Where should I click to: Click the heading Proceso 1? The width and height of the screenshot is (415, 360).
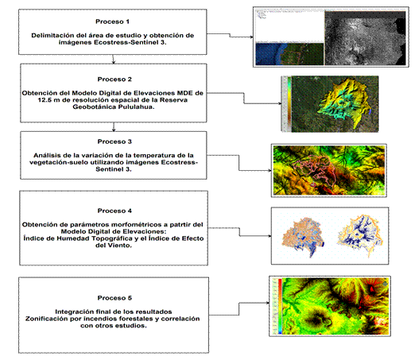pyautogui.click(x=112, y=21)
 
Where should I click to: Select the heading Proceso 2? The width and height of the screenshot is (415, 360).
pyautogui.click(x=114, y=79)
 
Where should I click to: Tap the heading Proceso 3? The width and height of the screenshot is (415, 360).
pyautogui.click(x=114, y=141)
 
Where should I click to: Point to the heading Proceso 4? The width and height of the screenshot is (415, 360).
pyautogui.click(x=114, y=211)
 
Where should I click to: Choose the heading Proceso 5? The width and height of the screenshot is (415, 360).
pyautogui.click(x=114, y=298)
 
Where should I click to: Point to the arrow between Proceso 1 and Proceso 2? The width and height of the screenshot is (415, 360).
pyautogui.click(x=114, y=59)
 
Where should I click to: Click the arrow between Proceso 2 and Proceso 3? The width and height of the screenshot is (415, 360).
pyautogui.click(x=114, y=126)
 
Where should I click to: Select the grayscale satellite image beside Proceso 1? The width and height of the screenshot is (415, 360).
pyautogui.click(x=365, y=38)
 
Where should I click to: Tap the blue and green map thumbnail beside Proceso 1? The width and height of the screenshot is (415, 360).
pyautogui.click(x=289, y=54)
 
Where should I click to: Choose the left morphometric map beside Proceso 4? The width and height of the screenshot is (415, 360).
pyautogui.click(x=303, y=236)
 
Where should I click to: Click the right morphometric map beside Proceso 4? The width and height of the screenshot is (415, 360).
pyautogui.click(x=360, y=235)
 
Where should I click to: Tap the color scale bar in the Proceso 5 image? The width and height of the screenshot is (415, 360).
pyautogui.click(x=280, y=306)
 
